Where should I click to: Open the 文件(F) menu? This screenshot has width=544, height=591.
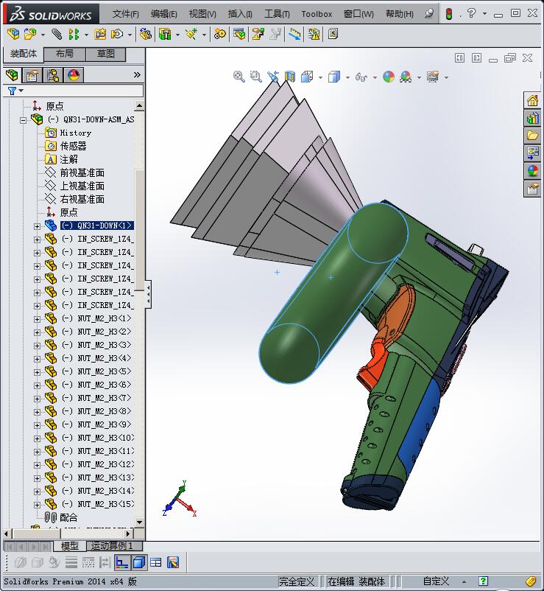(x=126, y=14)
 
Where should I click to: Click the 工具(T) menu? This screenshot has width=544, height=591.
(x=277, y=14)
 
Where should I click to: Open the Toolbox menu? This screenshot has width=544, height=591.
(x=317, y=14)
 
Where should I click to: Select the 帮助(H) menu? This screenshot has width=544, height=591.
(x=399, y=14)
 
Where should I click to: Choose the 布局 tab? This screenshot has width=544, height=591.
(x=65, y=54)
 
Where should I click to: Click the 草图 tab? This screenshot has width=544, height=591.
(x=106, y=54)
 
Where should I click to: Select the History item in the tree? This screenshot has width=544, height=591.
(x=75, y=133)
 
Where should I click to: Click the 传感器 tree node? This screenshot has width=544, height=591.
(x=73, y=146)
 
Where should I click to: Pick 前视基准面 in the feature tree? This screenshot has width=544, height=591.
(x=82, y=172)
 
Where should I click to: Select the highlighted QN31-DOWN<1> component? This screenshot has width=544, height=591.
(x=96, y=225)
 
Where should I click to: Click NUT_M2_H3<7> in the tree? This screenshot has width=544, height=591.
(x=104, y=398)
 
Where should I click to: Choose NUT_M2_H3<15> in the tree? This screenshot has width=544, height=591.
(x=105, y=504)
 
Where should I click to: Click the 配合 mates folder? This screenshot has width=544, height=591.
(x=68, y=517)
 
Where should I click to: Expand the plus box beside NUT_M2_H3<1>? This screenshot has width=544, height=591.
(x=38, y=318)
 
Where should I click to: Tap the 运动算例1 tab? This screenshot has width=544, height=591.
(x=111, y=546)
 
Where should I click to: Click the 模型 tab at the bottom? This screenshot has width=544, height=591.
(x=70, y=546)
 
